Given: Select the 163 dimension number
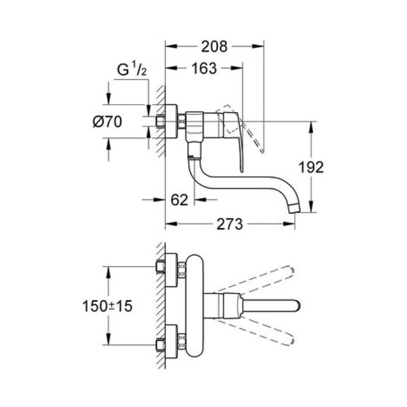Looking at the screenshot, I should click(203, 69).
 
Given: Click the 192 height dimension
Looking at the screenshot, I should click(311, 167).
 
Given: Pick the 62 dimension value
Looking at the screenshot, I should click(180, 200).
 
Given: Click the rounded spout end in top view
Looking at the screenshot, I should click(297, 306).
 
